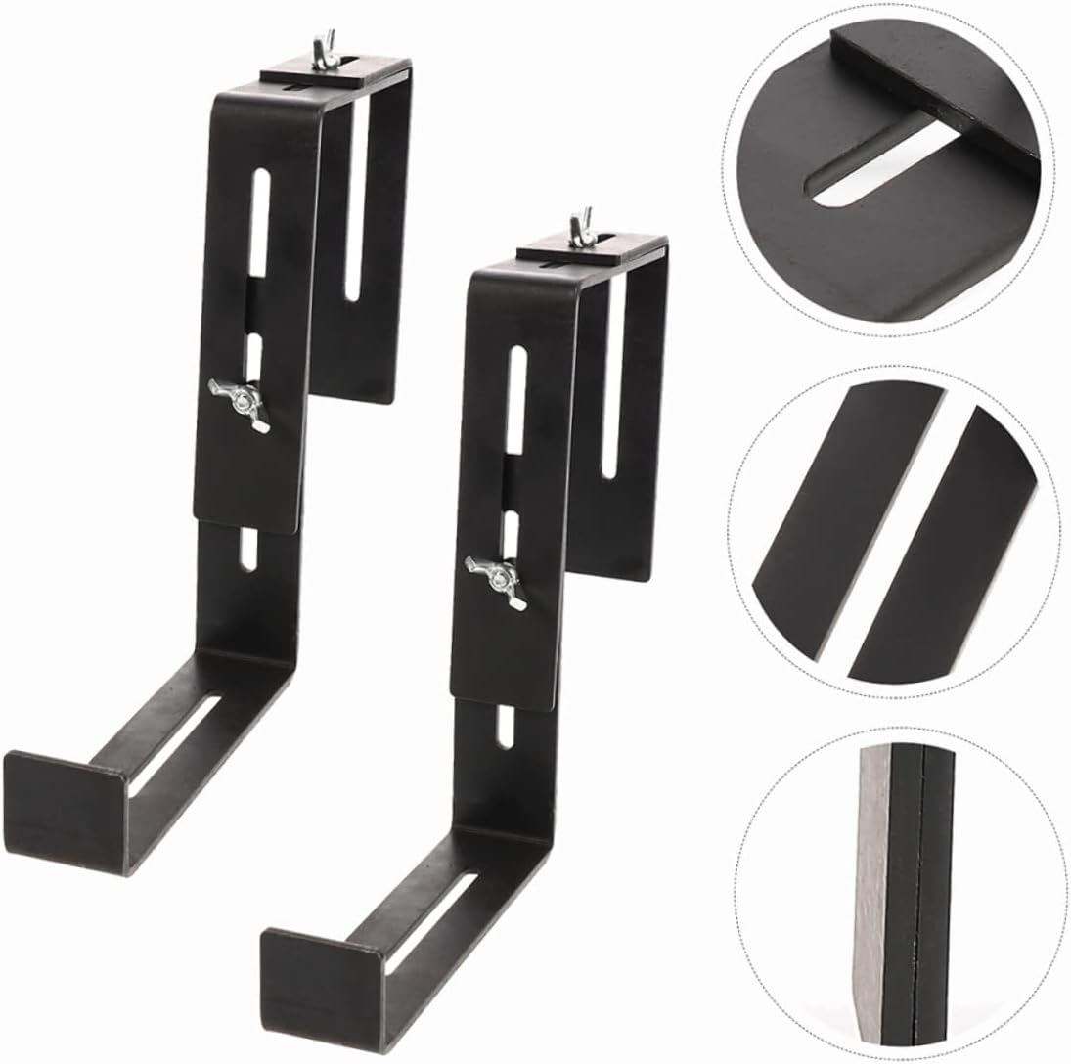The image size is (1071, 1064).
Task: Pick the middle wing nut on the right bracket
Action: pos(496,578)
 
